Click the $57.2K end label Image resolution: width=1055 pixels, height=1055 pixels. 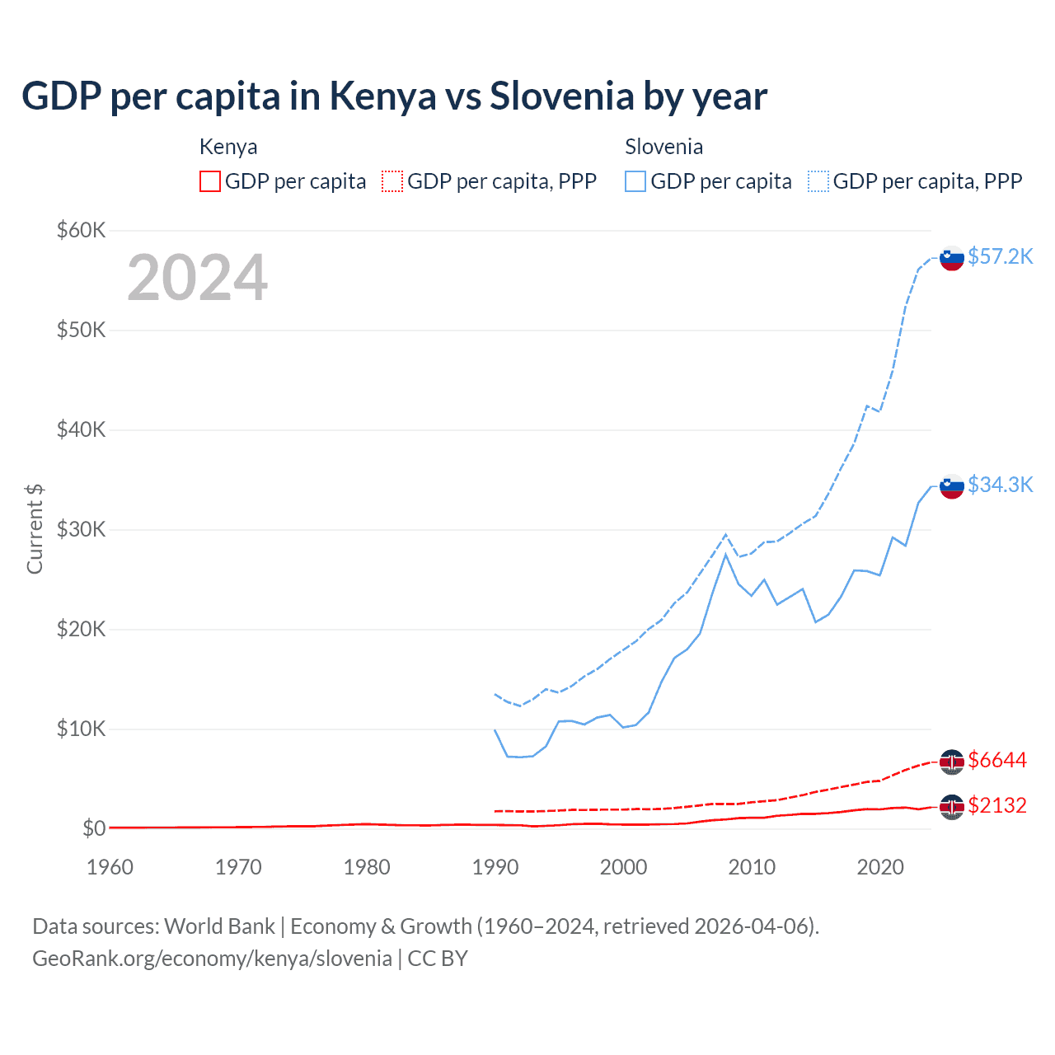pos(1000,256)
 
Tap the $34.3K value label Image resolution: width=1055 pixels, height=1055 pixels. pos(1000,485)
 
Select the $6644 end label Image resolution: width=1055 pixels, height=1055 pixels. pos(997,760)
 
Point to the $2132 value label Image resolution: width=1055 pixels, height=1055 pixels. pos(997,805)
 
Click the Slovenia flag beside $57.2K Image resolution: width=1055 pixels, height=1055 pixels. pos(952,258)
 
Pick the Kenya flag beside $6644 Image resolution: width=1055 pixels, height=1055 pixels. pos(952,762)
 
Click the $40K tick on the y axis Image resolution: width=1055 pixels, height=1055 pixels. pos(81,429)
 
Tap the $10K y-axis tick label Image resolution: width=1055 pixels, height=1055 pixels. pos(81,729)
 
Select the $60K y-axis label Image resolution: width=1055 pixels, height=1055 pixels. pos(81,230)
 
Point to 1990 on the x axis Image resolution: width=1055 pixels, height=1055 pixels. pos(495,867)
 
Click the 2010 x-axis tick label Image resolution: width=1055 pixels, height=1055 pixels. pos(752,867)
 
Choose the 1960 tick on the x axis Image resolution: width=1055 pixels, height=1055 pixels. pos(110,867)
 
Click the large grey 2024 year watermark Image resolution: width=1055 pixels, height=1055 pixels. pos(197,278)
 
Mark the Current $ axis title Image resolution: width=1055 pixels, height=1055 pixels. pos(35,529)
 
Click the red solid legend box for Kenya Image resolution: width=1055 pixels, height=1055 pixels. pos(210,181)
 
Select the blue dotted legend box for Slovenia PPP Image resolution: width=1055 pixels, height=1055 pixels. pos(818,181)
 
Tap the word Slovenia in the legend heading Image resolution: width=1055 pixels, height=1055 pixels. pos(663,147)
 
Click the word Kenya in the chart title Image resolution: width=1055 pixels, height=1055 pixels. pos(382,96)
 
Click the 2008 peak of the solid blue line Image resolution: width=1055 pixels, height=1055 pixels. pos(725,555)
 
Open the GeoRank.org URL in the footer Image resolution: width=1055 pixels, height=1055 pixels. pos(212,959)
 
